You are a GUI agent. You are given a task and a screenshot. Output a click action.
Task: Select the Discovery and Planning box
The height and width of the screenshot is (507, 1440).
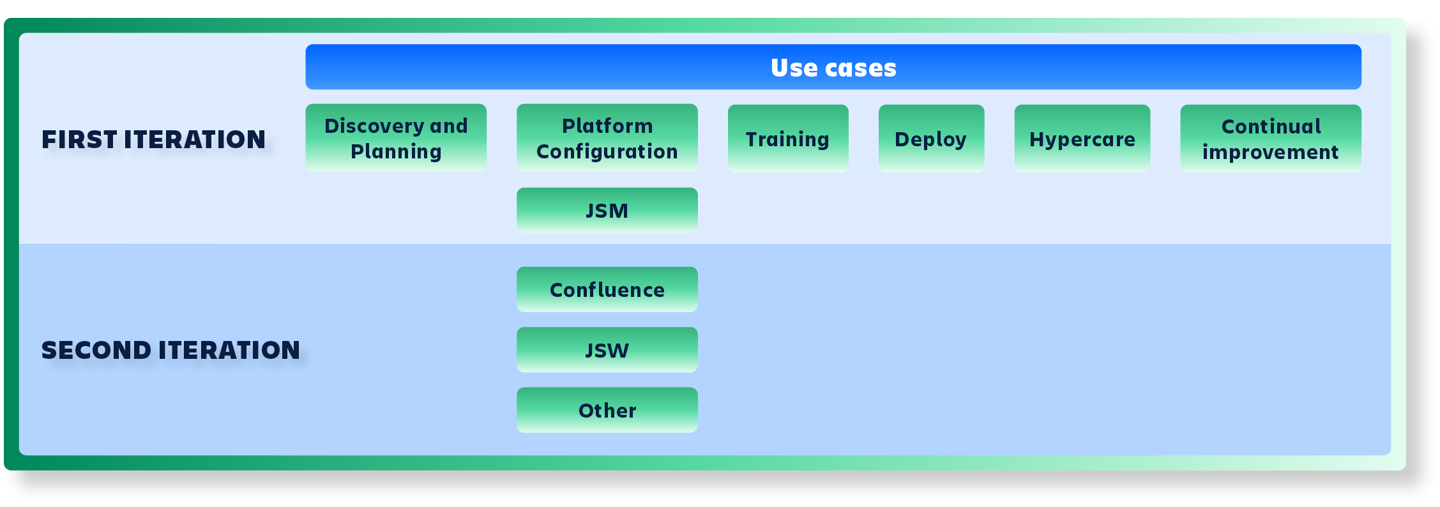pyautogui.click(x=396, y=138)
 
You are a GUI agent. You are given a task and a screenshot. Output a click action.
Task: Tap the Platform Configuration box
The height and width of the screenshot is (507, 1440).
pyautogui.click(x=607, y=138)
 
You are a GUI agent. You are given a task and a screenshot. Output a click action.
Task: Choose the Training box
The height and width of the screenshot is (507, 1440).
pyautogui.click(x=788, y=139)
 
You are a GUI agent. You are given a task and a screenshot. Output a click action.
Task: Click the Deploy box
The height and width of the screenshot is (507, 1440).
pyautogui.click(x=931, y=139)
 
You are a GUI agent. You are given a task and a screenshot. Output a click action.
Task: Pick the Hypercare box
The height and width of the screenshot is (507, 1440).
pyautogui.click(x=1082, y=139)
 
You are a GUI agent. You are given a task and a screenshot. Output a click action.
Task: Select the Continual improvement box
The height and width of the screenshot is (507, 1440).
pyautogui.click(x=1271, y=139)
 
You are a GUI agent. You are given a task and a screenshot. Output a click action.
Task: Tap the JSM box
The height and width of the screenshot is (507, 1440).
pyautogui.click(x=607, y=210)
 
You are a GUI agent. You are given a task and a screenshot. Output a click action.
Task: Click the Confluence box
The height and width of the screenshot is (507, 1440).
pyautogui.click(x=607, y=290)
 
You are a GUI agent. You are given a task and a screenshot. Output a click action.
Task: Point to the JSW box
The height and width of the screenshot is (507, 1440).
pyautogui.click(x=607, y=350)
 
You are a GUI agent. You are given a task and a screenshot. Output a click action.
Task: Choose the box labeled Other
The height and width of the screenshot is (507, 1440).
pyautogui.click(x=607, y=410)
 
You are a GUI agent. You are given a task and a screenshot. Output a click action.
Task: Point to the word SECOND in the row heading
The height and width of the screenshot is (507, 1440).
pyautogui.click(x=96, y=351)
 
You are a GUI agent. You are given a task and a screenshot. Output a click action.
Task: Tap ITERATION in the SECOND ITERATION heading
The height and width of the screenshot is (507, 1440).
pyautogui.click(x=229, y=351)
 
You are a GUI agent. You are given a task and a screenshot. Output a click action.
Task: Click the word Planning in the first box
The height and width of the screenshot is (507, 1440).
pyautogui.click(x=396, y=152)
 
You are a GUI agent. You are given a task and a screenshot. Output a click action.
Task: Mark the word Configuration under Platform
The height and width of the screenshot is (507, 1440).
pyautogui.click(x=607, y=152)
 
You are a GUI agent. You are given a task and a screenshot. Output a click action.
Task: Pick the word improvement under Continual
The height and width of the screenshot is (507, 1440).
pyautogui.click(x=1270, y=153)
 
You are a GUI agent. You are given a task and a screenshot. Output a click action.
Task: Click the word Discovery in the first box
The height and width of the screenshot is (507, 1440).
pyautogui.click(x=374, y=126)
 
